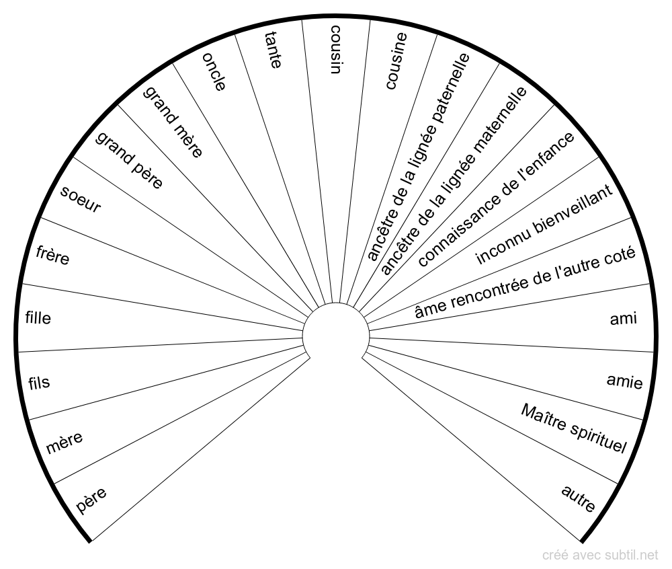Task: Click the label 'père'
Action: [91, 500]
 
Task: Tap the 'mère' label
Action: [65, 442]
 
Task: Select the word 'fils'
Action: [39, 383]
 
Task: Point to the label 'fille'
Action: [38, 318]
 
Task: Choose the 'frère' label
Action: [52, 256]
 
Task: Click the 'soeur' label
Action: [80, 199]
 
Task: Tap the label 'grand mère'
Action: [173, 122]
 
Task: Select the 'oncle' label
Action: [214, 71]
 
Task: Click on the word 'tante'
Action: [273, 50]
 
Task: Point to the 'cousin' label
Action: [336, 49]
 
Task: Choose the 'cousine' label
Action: [396, 61]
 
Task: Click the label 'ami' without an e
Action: [624, 319]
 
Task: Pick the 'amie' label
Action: [625, 381]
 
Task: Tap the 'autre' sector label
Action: [578, 498]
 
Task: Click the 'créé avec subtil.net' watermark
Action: [600, 555]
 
